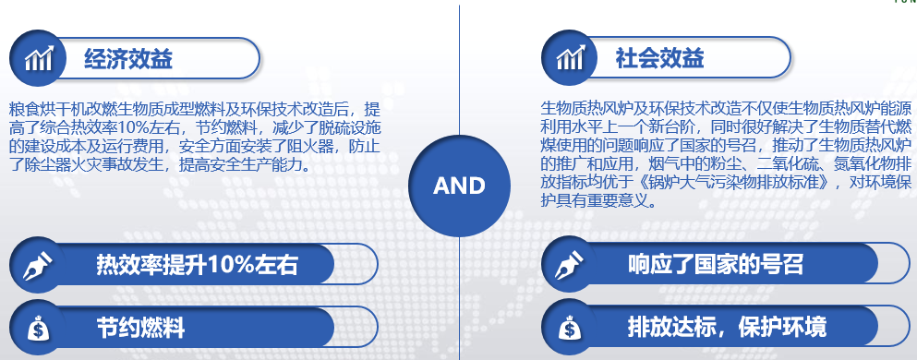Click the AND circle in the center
tap(459, 186)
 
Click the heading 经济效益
tap(128, 59)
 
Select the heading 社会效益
tap(659, 58)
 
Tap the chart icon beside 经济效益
tap(38, 58)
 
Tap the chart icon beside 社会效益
tap(570, 57)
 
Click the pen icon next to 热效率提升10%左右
tap(38, 265)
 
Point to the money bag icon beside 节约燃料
tap(39, 328)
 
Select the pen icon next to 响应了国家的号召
tap(569, 265)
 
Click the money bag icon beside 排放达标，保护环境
tap(570, 328)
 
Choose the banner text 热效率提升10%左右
tap(197, 265)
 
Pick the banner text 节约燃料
tap(140, 328)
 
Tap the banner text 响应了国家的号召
tap(716, 265)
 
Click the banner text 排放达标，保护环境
tap(727, 328)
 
